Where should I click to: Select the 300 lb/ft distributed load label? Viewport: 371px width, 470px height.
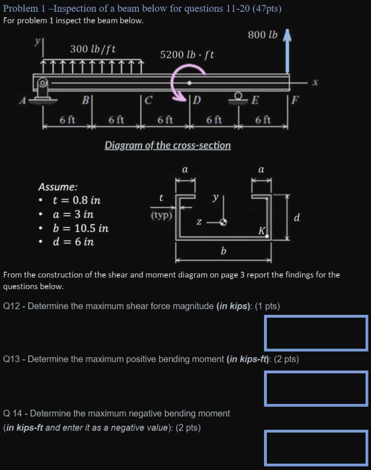(x=93, y=48)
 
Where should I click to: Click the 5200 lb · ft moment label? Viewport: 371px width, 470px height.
(x=187, y=55)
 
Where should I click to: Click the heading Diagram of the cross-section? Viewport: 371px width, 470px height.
(x=168, y=145)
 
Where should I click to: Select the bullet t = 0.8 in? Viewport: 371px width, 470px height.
(x=76, y=200)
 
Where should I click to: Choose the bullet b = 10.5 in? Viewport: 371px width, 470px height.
(x=80, y=229)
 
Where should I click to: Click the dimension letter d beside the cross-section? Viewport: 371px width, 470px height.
(x=297, y=217)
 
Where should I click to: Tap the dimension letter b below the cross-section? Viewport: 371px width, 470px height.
(x=223, y=251)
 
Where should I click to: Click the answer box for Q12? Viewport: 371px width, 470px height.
(x=316, y=333)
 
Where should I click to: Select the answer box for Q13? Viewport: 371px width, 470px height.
(x=316, y=389)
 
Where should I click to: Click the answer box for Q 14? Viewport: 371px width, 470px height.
(x=316, y=447)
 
